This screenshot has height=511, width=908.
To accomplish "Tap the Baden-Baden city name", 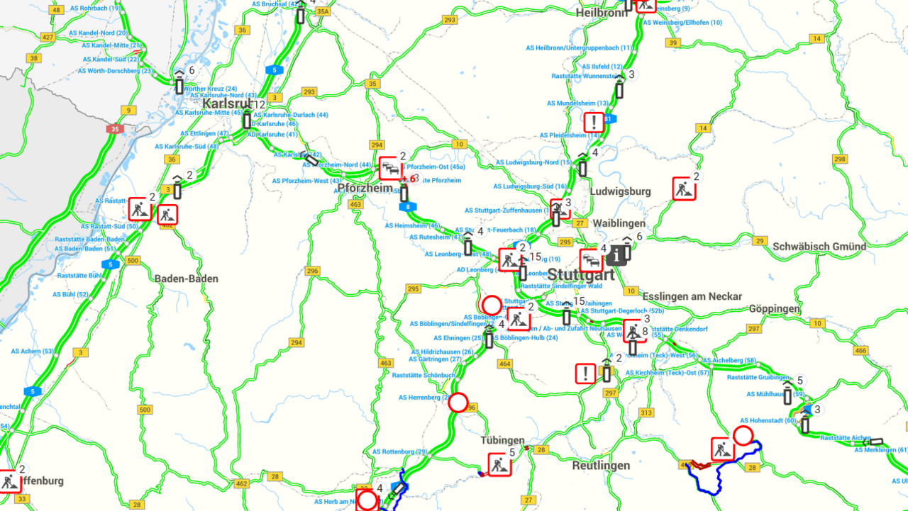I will tap(187, 279).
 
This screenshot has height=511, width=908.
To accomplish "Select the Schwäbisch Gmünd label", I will tap(819, 247).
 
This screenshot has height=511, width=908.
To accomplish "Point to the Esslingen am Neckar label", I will tap(692, 296).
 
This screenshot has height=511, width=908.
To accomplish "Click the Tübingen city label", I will tap(502, 440).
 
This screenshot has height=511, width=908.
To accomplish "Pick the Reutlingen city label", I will tap(601, 466).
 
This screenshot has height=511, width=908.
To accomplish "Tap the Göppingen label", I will tap(775, 309).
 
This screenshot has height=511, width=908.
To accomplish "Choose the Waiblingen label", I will tap(619, 223).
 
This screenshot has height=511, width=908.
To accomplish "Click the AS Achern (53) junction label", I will tap(33, 351).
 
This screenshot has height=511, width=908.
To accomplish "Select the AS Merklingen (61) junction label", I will tap(880, 450).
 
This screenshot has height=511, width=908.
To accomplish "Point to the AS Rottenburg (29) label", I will tap(400, 451).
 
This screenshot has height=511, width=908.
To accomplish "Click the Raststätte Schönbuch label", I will tap(423, 375).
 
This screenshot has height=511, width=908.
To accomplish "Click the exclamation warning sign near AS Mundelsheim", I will tap(594, 122).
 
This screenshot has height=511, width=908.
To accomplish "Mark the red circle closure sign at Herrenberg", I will tap(458, 403).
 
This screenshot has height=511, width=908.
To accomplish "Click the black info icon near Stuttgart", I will tap(615, 255).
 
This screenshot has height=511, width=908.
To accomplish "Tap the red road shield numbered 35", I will tap(114, 130).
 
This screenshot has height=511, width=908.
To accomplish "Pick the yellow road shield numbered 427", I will tap(48, 37).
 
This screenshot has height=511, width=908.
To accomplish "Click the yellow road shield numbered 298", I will tap(840, 159).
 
